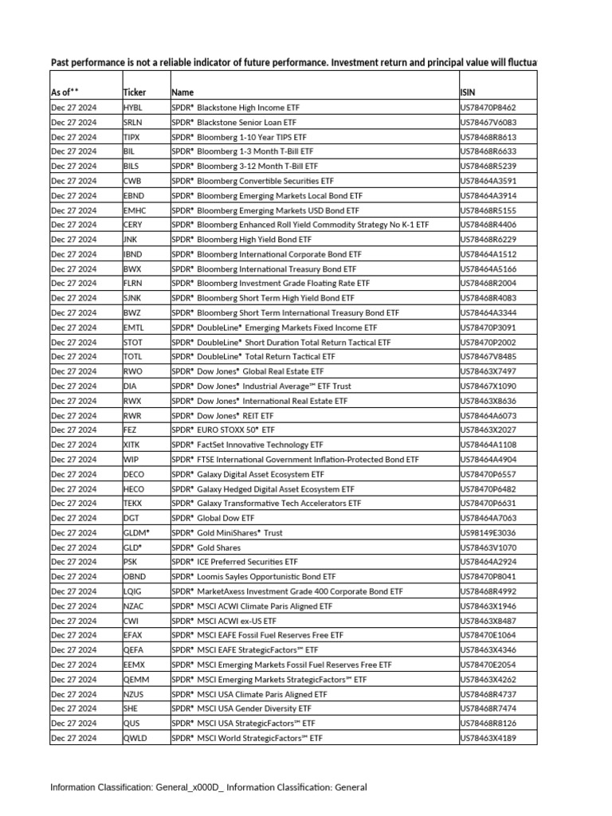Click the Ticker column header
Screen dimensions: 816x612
pyautogui.click(x=135, y=92)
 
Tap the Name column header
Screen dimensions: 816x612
pyautogui.click(x=182, y=92)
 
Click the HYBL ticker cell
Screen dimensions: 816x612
pyautogui.click(x=133, y=107)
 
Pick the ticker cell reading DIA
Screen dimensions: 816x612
pyautogui.click(x=131, y=386)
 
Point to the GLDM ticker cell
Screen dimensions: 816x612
pyautogui.click(x=136, y=532)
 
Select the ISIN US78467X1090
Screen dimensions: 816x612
pyautogui.click(x=488, y=386)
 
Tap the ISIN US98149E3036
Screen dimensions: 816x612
pyautogui.click(x=488, y=532)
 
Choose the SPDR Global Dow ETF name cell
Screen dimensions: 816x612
pyautogui.click(x=214, y=518)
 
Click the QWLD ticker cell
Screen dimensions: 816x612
pyautogui.click(x=135, y=738)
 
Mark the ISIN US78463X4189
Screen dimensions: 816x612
pyautogui.click(x=488, y=738)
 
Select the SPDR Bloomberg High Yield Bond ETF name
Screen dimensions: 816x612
pyautogui.click(x=241, y=239)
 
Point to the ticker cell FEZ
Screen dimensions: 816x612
pyautogui.click(x=131, y=430)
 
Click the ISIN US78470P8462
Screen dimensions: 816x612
pyautogui.click(x=488, y=107)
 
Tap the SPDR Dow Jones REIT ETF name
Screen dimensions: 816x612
pyautogui.click(x=222, y=415)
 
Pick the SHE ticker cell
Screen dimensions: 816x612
pyautogui.click(x=131, y=708)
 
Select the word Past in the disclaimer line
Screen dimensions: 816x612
pyautogui.click(x=61, y=62)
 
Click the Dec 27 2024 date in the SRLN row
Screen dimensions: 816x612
pyautogui.click(x=73, y=122)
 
